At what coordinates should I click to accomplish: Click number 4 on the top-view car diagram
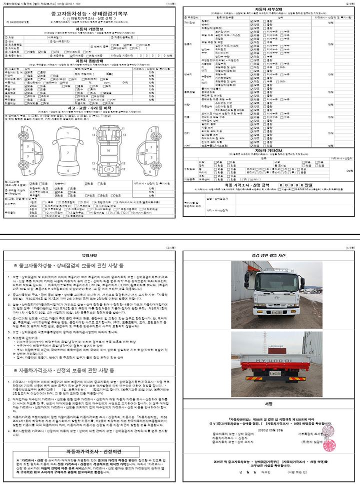(x=67, y=170)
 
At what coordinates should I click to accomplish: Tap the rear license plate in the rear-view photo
(x=275, y=373)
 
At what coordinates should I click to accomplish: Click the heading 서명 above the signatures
(x=269, y=403)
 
